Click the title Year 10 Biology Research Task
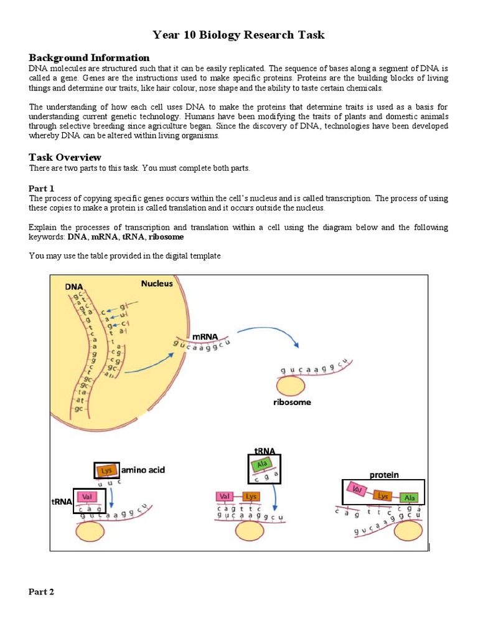pyautogui.click(x=239, y=35)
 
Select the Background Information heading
pyautogui.click(x=89, y=57)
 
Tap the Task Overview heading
pyautogui.click(x=65, y=157)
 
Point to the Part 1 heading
pyautogui.click(x=42, y=188)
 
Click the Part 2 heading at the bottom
pyautogui.click(x=42, y=591)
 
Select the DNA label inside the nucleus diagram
pyautogui.click(x=74, y=287)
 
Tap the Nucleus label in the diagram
pyautogui.click(x=157, y=283)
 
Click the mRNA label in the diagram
pyautogui.click(x=205, y=336)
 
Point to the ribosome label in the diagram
pyautogui.click(x=292, y=402)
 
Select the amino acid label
pyautogui.click(x=143, y=470)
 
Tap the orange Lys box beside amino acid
pyautogui.click(x=106, y=470)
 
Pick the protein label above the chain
pyautogui.click(x=384, y=475)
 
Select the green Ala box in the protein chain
pyautogui.click(x=408, y=497)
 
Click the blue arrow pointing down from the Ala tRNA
pyautogui.click(x=274, y=498)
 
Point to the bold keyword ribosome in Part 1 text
pyautogui.click(x=166, y=237)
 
